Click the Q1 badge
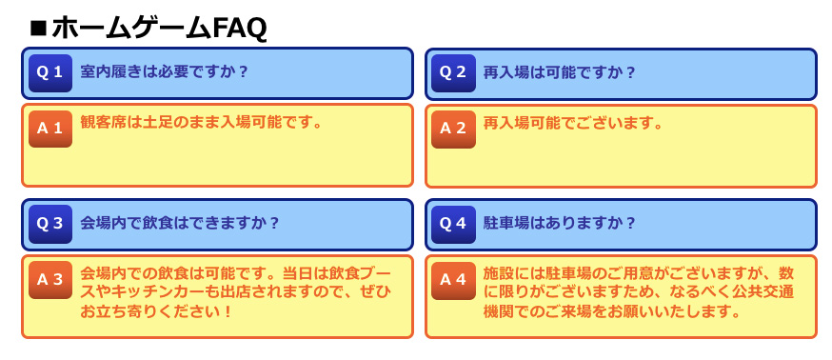tap(50, 73)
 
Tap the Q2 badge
tap(453, 73)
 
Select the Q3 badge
tap(50, 224)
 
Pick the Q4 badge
tap(453, 224)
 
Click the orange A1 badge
tap(50, 129)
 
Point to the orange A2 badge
tap(453, 129)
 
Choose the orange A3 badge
tap(50, 280)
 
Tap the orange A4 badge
tap(453, 280)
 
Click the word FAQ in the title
tap(239, 29)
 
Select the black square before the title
tap(39, 29)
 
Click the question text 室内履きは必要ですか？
tap(164, 71)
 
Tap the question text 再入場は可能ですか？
tap(559, 72)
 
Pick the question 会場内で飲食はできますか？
tap(179, 223)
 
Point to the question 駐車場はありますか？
tap(559, 223)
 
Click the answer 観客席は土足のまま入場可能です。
tap(202, 123)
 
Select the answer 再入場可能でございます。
tap(573, 124)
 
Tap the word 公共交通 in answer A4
tap(763, 292)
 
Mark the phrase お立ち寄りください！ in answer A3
tap(156, 311)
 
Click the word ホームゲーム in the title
tap(132, 29)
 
